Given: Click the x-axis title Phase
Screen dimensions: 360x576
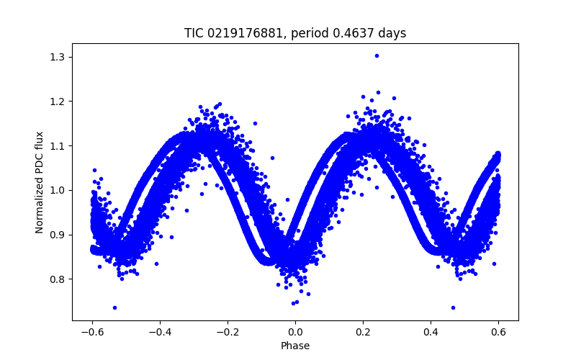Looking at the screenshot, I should (295, 346).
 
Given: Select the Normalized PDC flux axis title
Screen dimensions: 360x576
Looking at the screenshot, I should (40, 182).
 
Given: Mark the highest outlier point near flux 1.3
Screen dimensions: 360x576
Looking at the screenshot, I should (377, 55).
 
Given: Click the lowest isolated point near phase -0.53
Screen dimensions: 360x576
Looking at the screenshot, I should (114, 307).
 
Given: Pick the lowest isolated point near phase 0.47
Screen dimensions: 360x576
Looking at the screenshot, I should (453, 307).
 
